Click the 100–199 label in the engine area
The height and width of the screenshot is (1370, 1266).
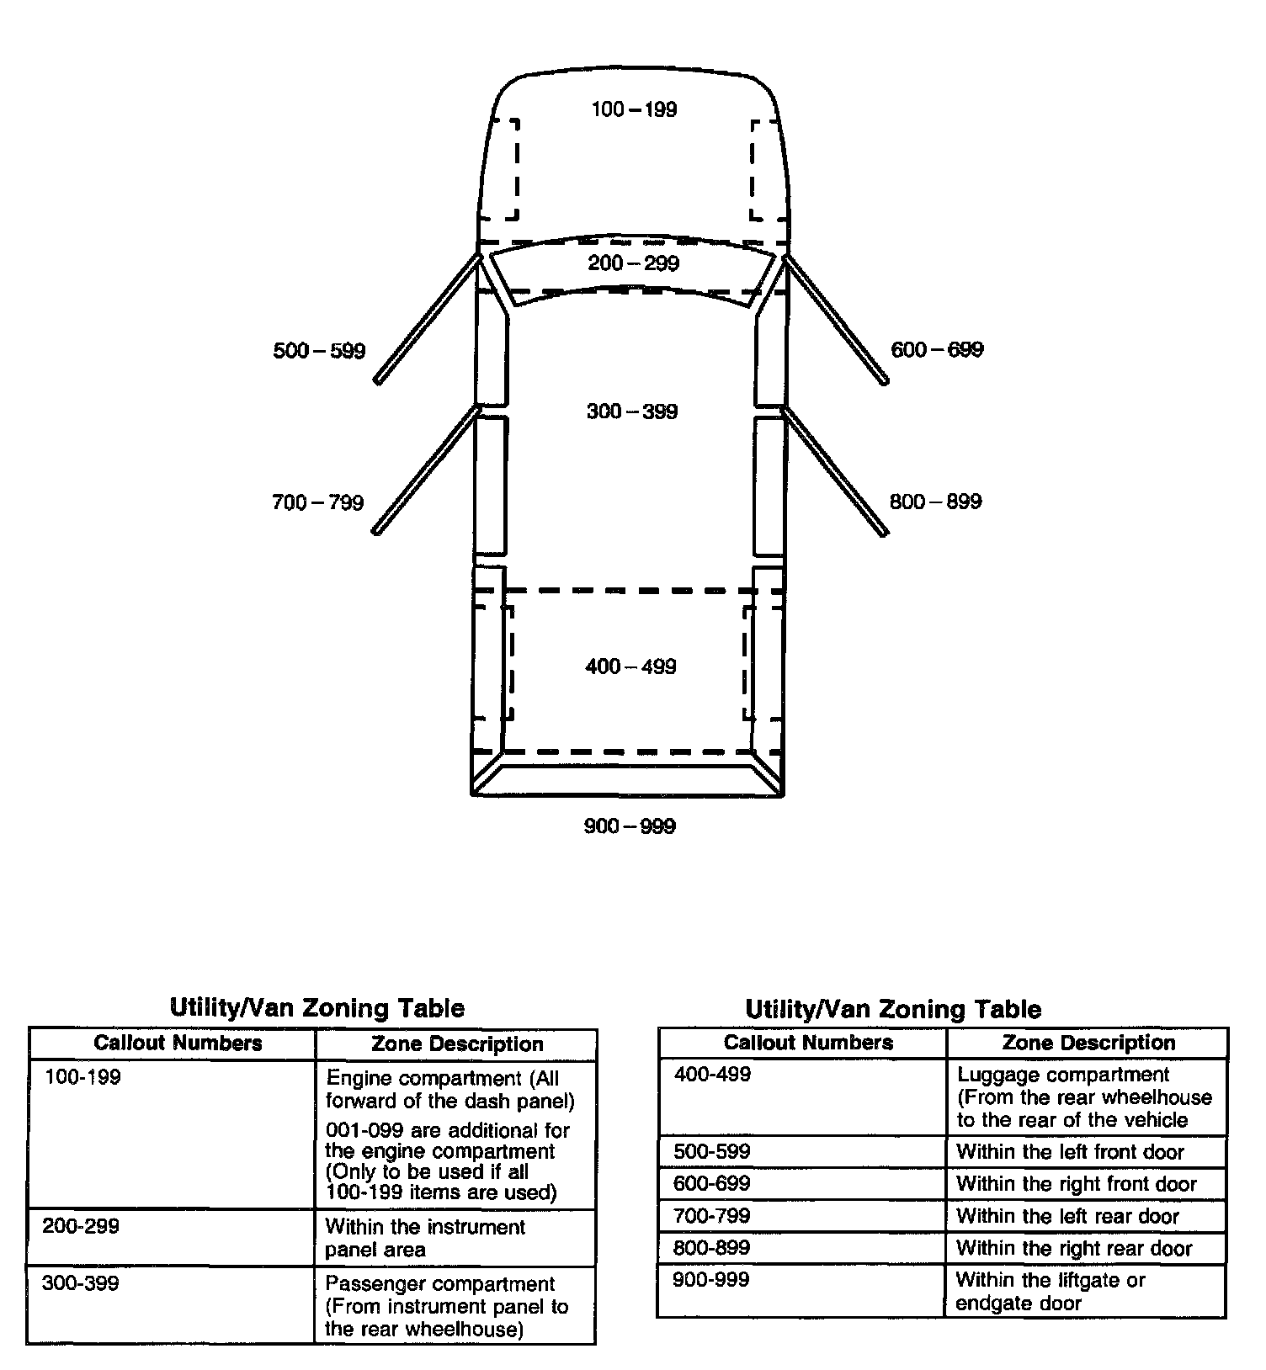click(x=634, y=109)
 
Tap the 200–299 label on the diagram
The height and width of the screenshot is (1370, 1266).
click(x=633, y=263)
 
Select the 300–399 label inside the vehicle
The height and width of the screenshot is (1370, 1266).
click(x=632, y=412)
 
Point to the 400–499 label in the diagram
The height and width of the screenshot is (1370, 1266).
click(x=630, y=666)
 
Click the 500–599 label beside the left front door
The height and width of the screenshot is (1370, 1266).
click(x=319, y=351)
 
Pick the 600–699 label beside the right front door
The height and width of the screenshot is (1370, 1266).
click(x=937, y=349)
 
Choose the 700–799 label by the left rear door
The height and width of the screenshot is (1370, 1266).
click(x=317, y=503)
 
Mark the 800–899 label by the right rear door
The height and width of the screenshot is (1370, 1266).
click(x=935, y=502)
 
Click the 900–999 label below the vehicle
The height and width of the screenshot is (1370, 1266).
click(x=630, y=826)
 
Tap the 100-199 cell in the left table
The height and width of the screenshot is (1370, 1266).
click(x=82, y=1077)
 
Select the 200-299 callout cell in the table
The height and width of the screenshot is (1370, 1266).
click(x=81, y=1226)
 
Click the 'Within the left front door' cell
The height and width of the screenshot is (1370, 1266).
click(x=1070, y=1151)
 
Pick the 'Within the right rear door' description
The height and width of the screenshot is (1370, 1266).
click(x=1074, y=1248)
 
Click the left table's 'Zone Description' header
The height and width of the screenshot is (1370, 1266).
click(x=457, y=1044)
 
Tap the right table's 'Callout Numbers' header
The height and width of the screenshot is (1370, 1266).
click(x=808, y=1043)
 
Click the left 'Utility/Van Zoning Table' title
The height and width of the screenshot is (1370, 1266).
click(x=317, y=1007)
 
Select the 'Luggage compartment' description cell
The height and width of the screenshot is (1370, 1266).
click(x=1084, y=1097)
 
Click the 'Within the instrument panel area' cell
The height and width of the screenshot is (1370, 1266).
click(x=425, y=1238)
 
